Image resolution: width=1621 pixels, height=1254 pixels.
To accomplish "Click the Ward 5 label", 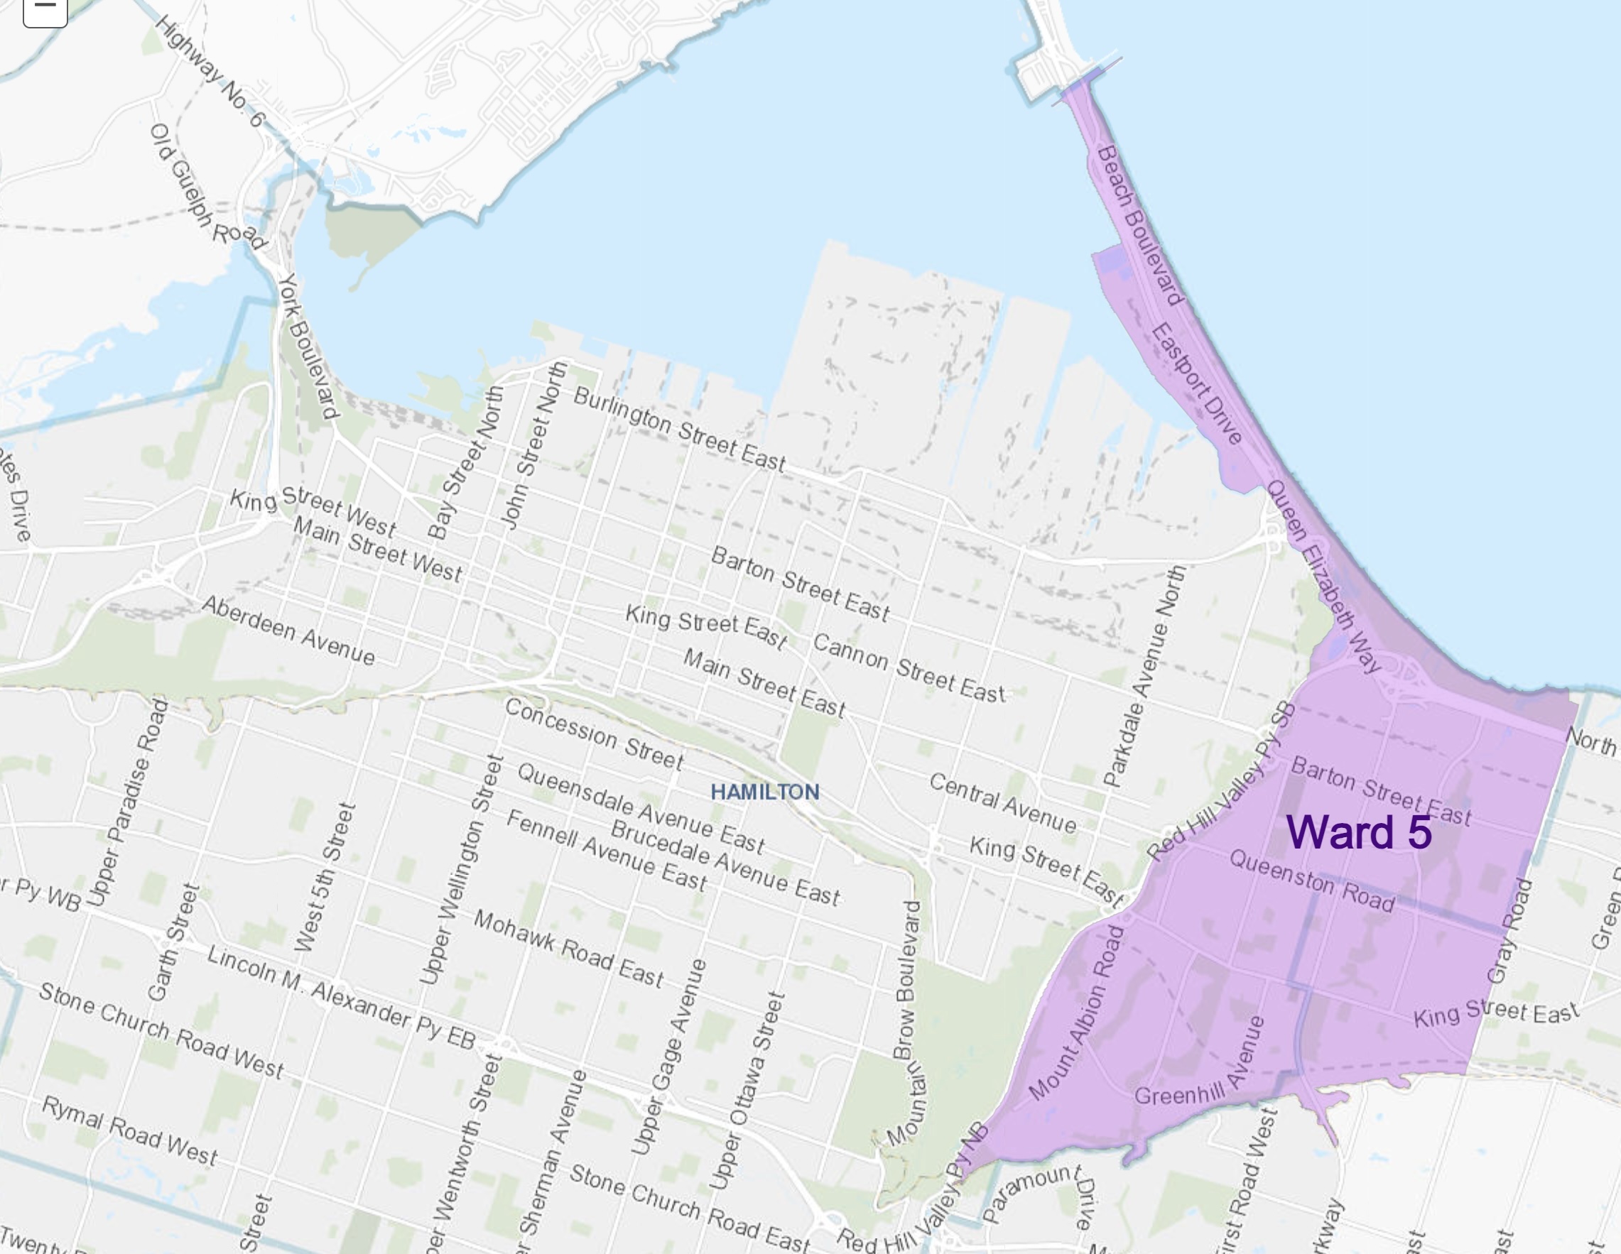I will coord(1358,832).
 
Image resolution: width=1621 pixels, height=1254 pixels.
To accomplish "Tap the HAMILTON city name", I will coord(765,792).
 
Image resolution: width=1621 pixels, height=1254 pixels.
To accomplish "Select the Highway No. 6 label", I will coord(210,71).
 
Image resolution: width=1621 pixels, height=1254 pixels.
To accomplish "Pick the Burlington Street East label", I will coord(679,430).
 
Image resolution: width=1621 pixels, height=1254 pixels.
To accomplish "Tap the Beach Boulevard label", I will coord(1139,226).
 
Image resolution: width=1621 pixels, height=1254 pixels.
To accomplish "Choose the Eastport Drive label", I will coord(1196,383).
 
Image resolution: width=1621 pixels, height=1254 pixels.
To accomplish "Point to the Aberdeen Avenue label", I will coord(288,630).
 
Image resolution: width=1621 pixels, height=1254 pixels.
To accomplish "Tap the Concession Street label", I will coord(594,733).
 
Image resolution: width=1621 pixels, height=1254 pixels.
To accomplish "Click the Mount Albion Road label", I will coord(1077,1013).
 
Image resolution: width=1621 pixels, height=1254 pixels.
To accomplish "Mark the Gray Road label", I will coord(1510,932).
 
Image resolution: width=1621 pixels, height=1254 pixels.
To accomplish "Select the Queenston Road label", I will coord(1311,880).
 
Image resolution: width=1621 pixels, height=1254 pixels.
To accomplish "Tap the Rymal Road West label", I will coord(130,1130).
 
